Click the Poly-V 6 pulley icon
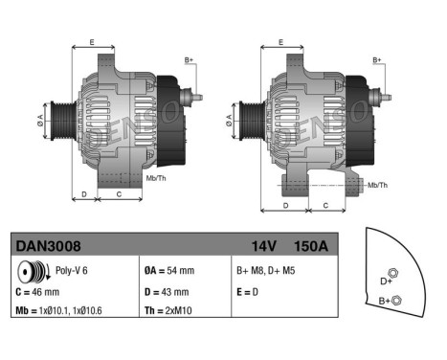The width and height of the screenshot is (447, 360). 27,272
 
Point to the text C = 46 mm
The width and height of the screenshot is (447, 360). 38,291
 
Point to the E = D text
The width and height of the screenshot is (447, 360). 249,291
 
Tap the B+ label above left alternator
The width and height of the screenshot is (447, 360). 190,60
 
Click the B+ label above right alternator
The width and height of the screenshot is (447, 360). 378,60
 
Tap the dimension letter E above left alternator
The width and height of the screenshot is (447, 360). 92,41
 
